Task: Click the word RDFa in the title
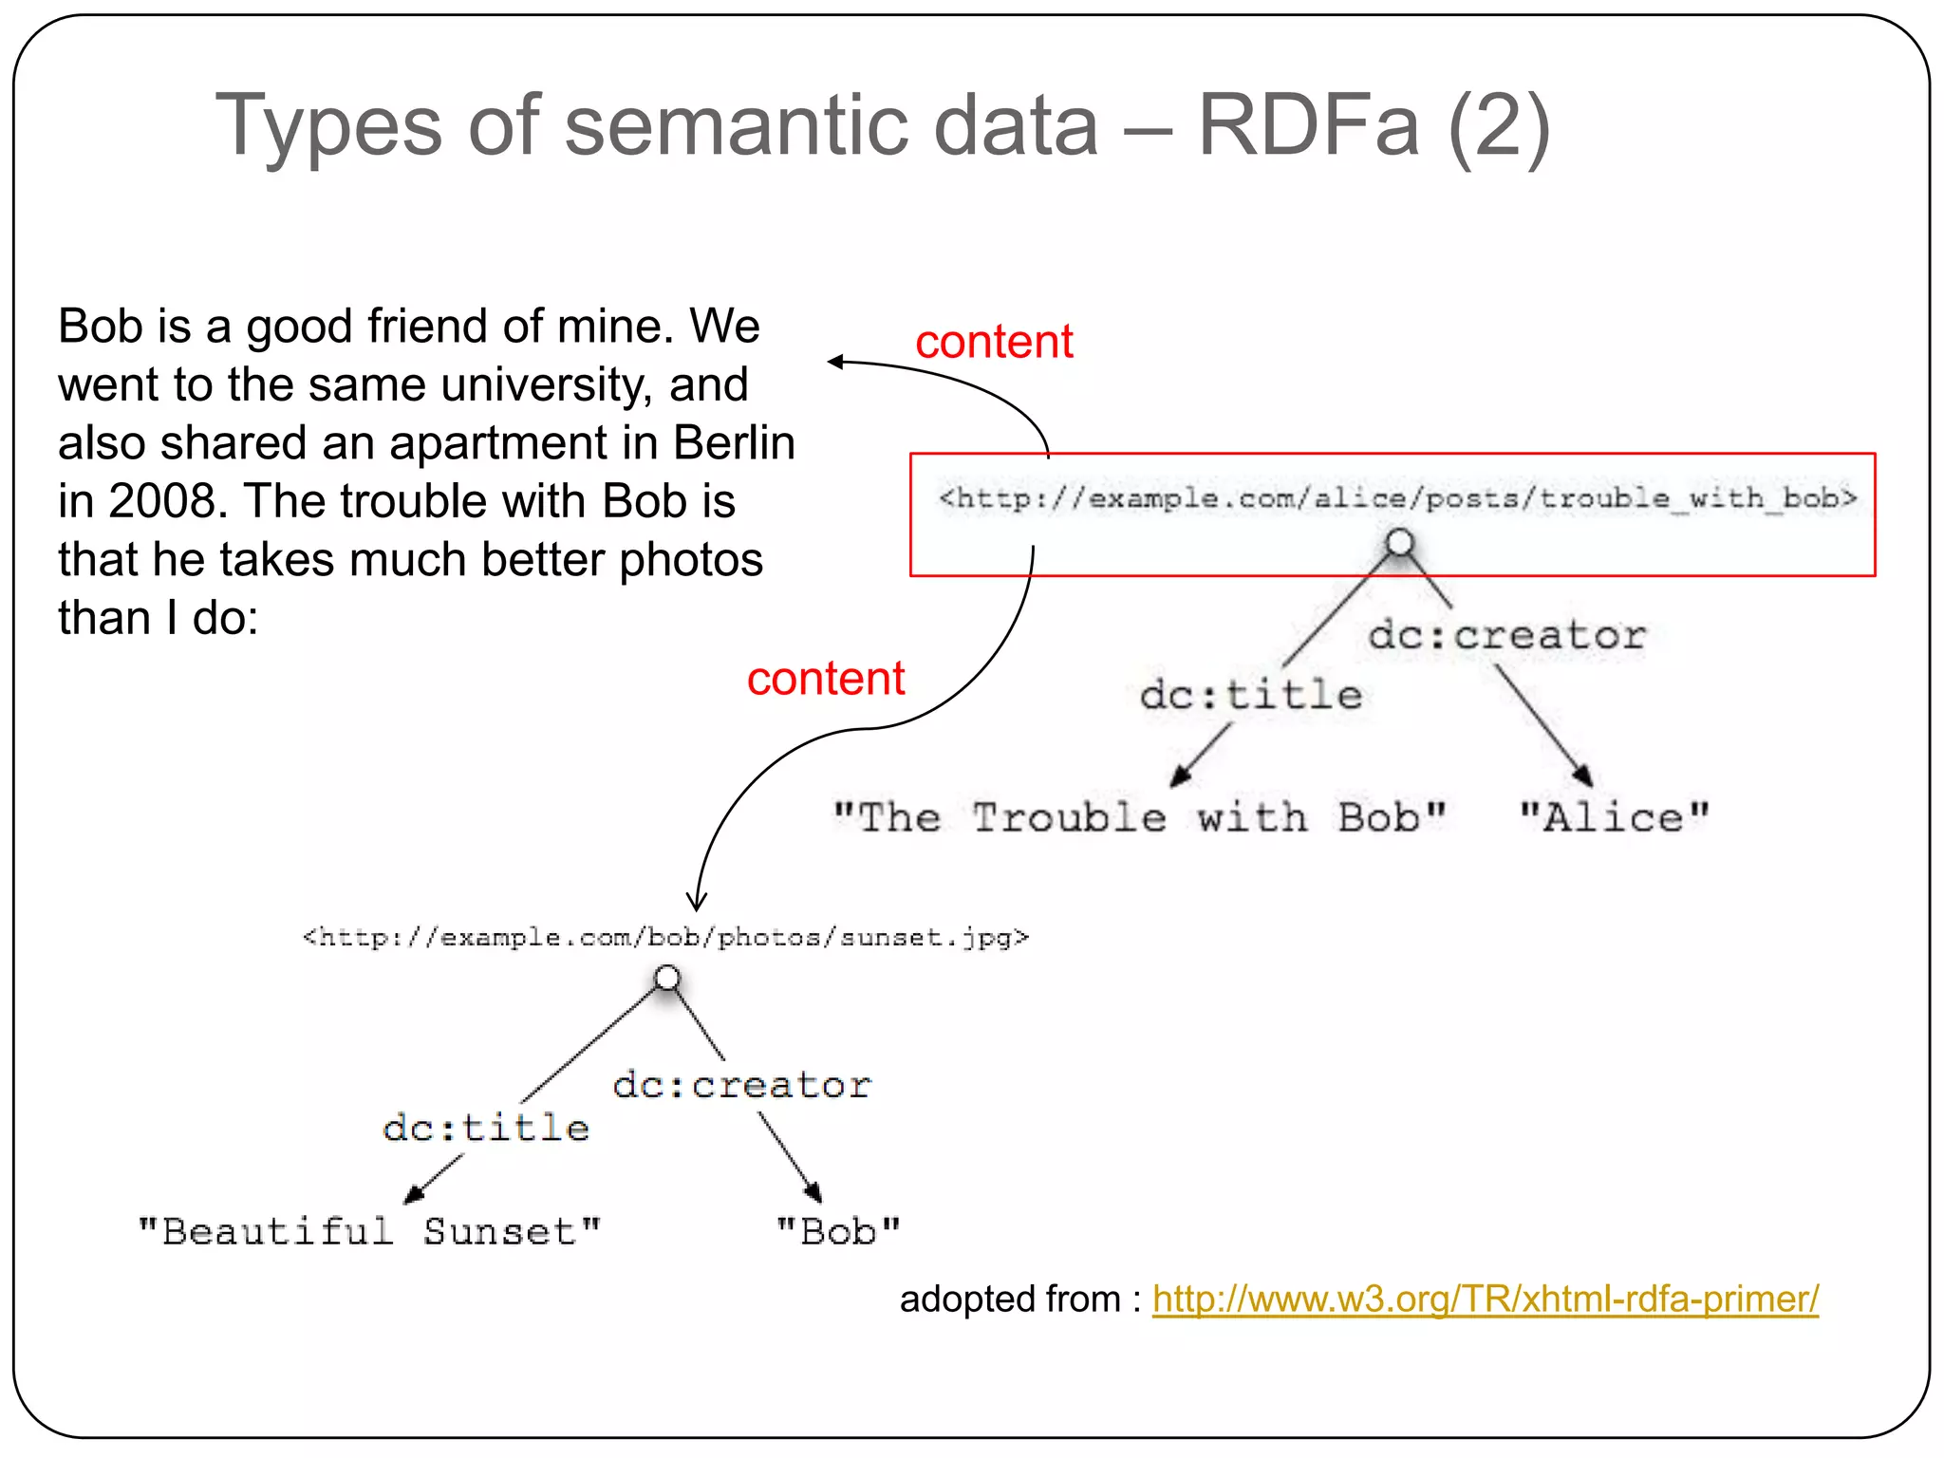pos(1308,125)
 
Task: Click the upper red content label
pos(993,342)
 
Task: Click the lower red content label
pos(825,679)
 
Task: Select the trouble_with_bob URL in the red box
pos(1397,498)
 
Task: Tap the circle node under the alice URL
pos(1400,544)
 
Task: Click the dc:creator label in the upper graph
pos(1506,635)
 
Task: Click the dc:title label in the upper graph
pos(1250,695)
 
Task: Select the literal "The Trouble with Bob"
pos(1138,817)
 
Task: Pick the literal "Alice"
pos(1613,817)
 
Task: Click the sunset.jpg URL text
pos(665,938)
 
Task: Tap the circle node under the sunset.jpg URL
pos(667,978)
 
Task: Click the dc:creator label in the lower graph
pos(741,1085)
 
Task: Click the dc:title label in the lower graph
pos(485,1128)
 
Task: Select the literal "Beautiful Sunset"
pos(369,1231)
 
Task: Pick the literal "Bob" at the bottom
pos(837,1231)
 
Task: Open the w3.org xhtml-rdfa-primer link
pos(1485,1299)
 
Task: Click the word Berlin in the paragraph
pos(734,443)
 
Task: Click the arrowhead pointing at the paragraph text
pos(835,362)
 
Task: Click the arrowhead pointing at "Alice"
pos(1582,776)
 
